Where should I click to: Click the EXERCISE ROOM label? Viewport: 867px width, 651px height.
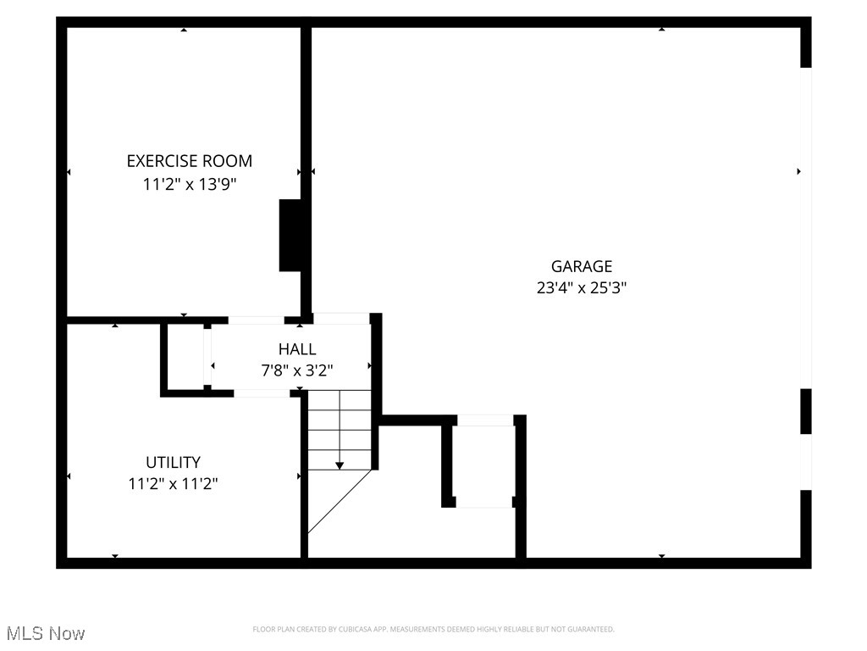[x=189, y=161]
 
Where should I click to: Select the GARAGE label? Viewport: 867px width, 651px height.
[x=581, y=266]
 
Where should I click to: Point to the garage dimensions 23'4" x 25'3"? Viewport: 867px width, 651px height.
[x=581, y=287]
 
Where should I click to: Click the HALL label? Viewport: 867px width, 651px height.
[x=297, y=348]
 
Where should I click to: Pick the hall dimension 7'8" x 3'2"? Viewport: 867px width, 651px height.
[x=297, y=370]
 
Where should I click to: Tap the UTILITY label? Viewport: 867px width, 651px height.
[x=173, y=462]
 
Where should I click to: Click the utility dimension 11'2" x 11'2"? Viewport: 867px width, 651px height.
[x=173, y=484]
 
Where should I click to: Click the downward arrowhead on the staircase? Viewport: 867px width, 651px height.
[x=340, y=465]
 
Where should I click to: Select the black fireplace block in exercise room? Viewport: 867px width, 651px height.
[x=290, y=236]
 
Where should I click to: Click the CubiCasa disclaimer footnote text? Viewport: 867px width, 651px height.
[x=433, y=629]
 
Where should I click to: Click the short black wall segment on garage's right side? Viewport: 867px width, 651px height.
[x=805, y=411]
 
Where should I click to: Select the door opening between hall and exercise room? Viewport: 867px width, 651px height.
[x=256, y=320]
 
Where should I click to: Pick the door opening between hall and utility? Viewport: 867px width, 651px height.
[x=262, y=393]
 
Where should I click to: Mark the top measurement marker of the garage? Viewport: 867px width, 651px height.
[x=661, y=30]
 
